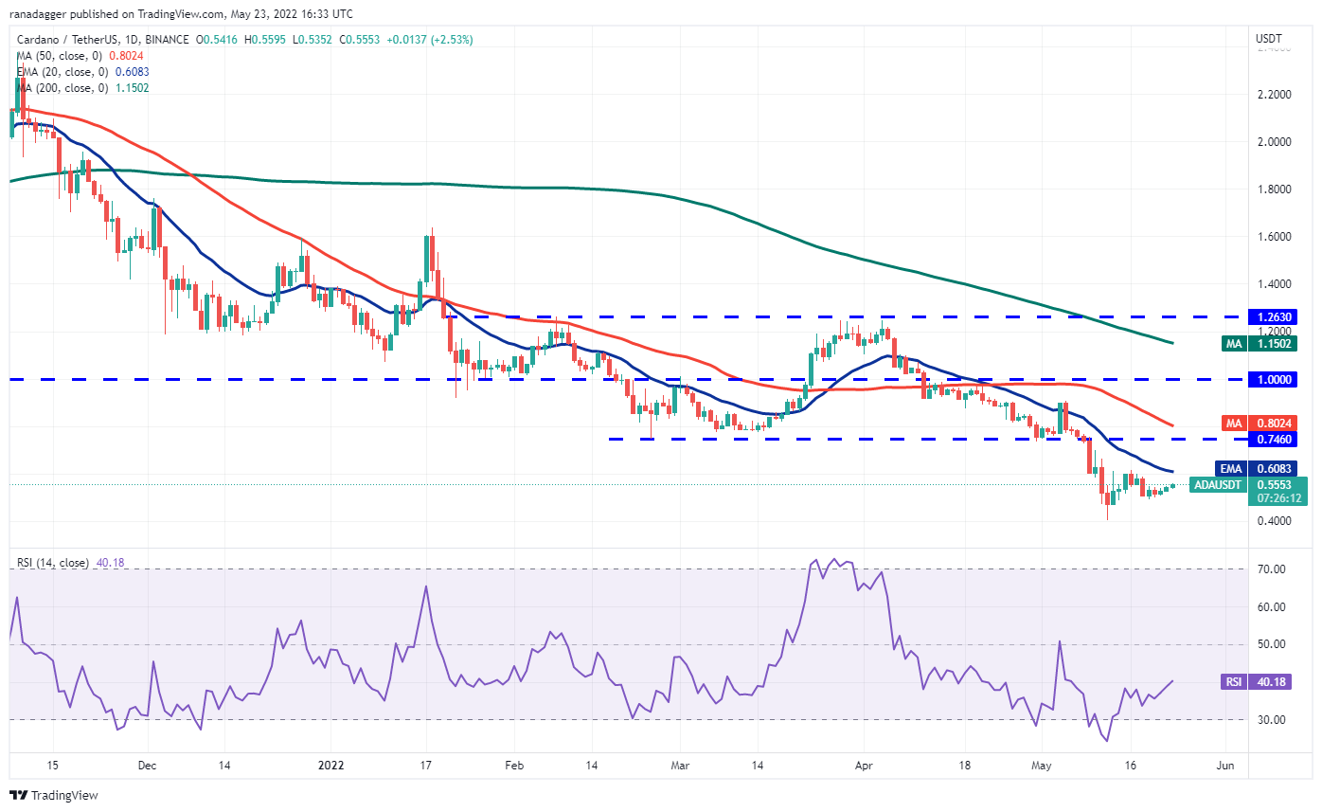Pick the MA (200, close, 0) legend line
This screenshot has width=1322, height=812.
(82, 88)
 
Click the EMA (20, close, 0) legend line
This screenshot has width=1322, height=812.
(83, 72)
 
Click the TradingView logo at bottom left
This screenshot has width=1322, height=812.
(54, 795)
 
